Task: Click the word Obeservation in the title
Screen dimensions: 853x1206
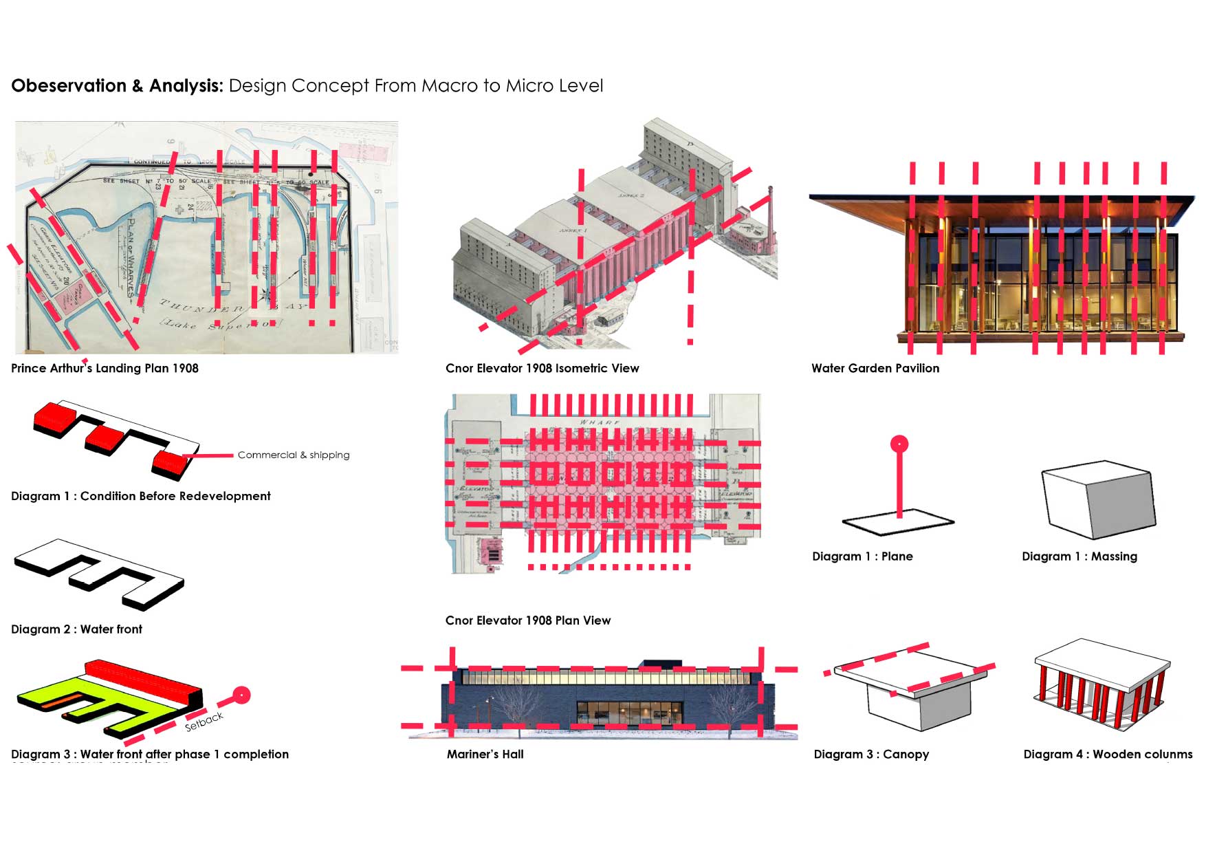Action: click(x=69, y=86)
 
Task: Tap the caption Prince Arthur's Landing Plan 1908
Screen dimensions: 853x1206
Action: click(x=105, y=368)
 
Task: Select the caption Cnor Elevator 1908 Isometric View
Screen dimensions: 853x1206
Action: click(x=542, y=368)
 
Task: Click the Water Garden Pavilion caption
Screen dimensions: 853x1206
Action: click(x=875, y=368)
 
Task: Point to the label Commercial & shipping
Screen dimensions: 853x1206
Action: click(x=294, y=455)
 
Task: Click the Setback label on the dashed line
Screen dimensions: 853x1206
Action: click(x=204, y=722)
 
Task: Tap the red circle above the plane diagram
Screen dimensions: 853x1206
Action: click(x=899, y=444)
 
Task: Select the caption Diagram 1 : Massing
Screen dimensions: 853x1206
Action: click(x=1079, y=557)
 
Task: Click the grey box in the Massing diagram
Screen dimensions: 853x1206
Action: click(x=1098, y=499)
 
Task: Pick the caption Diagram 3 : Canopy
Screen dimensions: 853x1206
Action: click(x=871, y=754)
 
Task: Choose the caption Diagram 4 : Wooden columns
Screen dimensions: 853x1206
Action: click(x=1108, y=754)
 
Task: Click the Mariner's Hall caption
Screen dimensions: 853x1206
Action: click(x=485, y=754)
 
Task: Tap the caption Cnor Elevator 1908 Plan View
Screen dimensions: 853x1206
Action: click(x=527, y=620)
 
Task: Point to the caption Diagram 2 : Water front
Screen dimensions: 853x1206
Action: click(x=76, y=629)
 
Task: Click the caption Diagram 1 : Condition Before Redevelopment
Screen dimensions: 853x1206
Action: click(x=140, y=496)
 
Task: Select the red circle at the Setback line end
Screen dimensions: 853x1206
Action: click(x=241, y=695)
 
